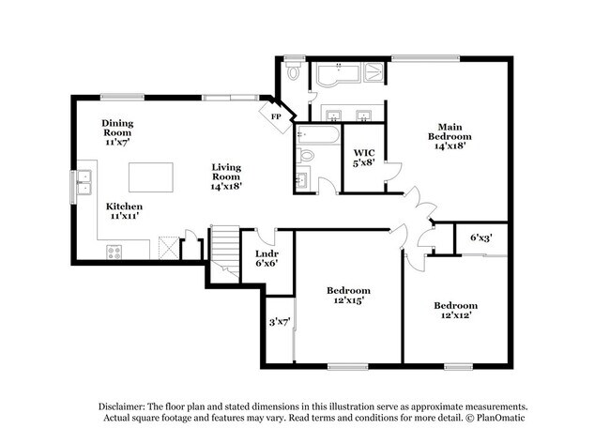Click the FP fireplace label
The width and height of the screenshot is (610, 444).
[x=276, y=116]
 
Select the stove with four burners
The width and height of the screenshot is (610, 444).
[x=114, y=250]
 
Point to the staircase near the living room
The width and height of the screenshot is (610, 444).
[x=223, y=249]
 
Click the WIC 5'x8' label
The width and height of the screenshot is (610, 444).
[x=364, y=158]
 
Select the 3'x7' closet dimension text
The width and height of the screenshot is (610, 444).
[x=280, y=322]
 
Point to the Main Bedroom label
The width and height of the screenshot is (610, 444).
[x=446, y=135]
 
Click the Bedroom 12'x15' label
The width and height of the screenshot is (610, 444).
[x=348, y=295]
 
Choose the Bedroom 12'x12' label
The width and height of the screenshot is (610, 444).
[x=455, y=310]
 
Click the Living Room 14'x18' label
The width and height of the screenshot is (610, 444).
[x=226, y=176]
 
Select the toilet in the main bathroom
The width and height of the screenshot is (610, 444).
[x=294, y=71]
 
